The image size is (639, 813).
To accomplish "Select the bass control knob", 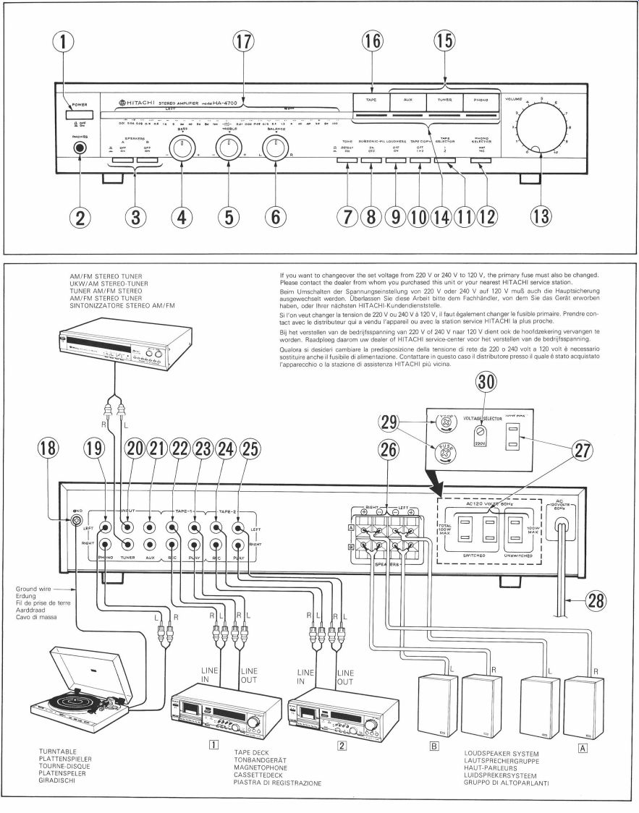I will coord(182,149).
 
